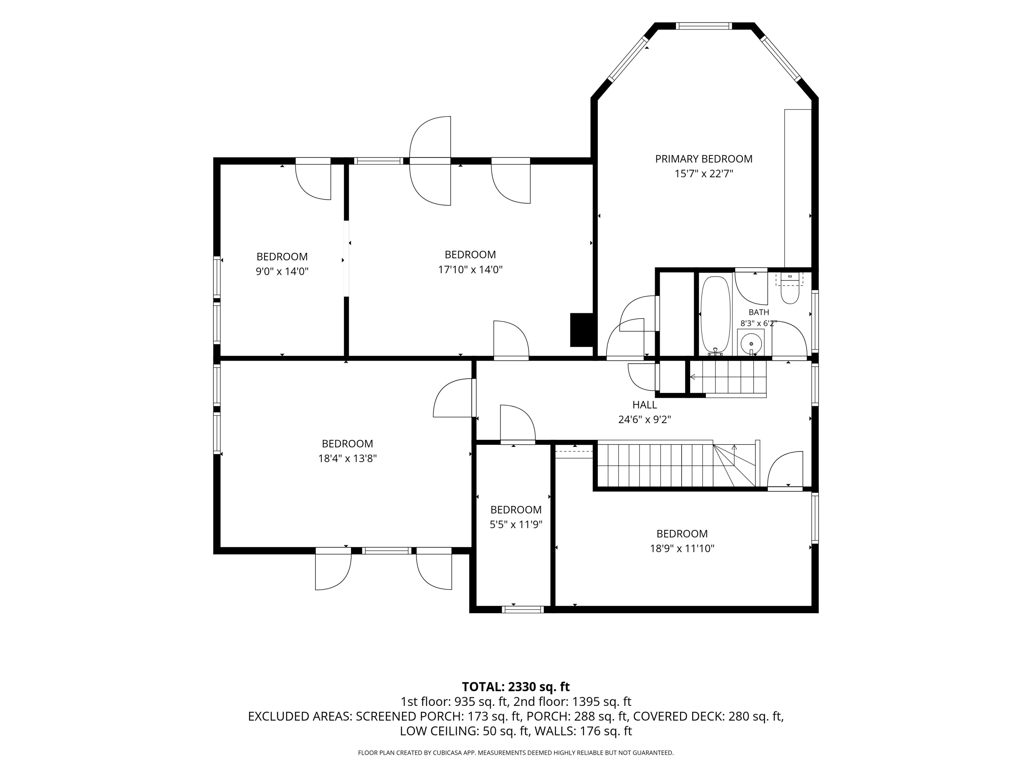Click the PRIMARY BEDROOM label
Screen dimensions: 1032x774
click(x=703, y=159)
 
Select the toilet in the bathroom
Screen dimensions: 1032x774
click(x=790, y=292)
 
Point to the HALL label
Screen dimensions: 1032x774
click(x=644, y=405)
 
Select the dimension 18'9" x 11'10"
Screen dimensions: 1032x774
click(x=682, y=549)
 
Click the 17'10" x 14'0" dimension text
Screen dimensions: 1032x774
click(x=470, y=270)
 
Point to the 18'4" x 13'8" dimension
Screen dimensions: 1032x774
click(x=347, y=459)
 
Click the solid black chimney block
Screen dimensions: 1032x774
click(x=581, y=330)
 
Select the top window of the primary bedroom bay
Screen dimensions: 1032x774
click(x=704, y=26)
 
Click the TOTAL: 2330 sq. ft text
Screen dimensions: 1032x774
click(x=516, y=687)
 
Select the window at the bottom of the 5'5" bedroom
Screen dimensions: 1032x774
click(x=523, y=609)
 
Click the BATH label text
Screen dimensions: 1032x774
click(x=759, y=312)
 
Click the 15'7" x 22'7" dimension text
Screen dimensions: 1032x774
click(x=703, y=174)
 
